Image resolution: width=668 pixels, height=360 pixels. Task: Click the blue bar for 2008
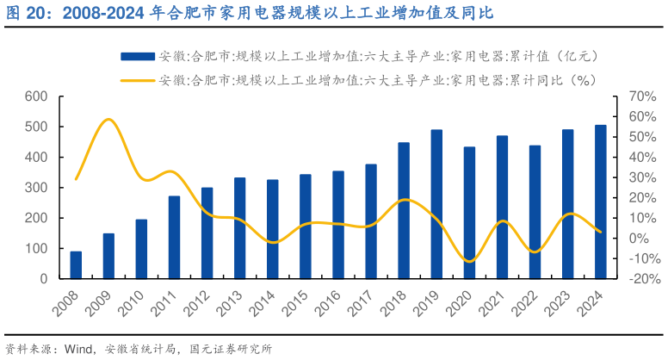point(76,265)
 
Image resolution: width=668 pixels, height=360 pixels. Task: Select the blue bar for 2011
point(174,238)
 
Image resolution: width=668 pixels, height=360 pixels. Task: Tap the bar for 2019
point(436,204)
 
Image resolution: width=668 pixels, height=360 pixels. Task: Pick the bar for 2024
point(600,202)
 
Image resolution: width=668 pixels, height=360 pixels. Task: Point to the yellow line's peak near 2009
point(108,120)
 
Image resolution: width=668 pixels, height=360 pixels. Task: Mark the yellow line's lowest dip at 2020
point(469,260)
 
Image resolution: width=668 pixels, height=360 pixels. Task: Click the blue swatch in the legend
point(137,56)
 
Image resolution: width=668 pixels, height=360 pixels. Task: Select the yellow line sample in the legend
point(137,81)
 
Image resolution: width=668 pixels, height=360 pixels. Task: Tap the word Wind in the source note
point(79,349)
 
